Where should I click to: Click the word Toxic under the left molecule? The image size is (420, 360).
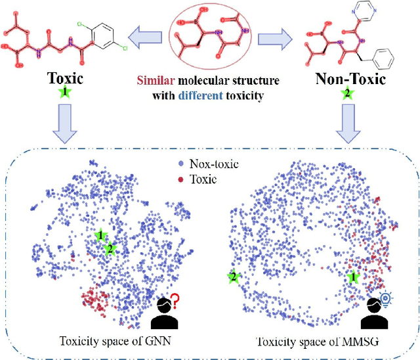click(x=65, y=78)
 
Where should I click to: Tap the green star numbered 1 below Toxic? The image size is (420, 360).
click(x=65, y=93)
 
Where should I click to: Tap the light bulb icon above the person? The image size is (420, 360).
click(x=386, y=299)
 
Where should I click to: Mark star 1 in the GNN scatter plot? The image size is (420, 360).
click(x=100, y=235)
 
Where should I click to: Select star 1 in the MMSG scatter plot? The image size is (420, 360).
click(x=351, y=278)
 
